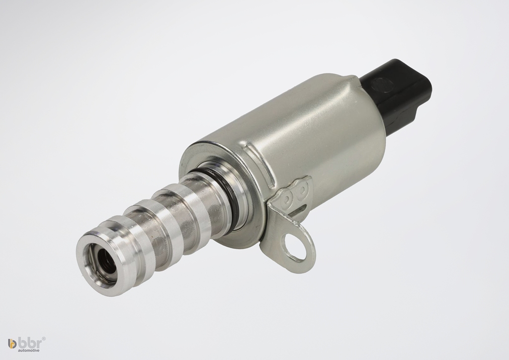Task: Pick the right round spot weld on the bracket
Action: coord(302,190)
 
